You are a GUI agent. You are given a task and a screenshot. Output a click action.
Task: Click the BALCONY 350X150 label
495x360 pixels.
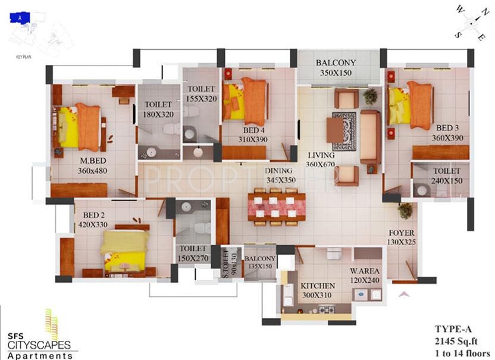pyautogui.click(x=336, y=67)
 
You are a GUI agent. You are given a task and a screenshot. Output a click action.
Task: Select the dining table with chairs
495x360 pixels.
pyautogui.click(x=276, y=207)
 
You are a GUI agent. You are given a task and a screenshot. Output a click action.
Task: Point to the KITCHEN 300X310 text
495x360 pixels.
pyautogui.click(x=318, y=290)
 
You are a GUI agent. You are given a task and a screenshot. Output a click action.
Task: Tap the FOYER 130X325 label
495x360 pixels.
pyautogui.click(x=403, y=237)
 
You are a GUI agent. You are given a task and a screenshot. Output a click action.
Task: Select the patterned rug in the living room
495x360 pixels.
pyautogui.click(x=344, y=131)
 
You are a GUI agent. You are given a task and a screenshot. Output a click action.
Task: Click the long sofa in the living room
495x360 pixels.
pyautogui.click(x=370, y=136)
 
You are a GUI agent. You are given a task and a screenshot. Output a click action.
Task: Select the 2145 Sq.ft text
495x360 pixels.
pyautogui.click(x=457, y=339)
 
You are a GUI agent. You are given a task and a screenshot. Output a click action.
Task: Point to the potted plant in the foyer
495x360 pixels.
pyautogui.click(x=406, y=210)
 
